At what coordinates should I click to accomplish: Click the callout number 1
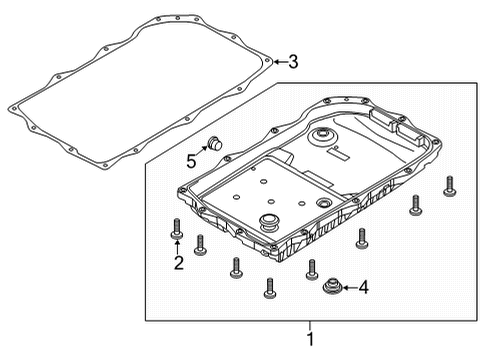coord(309,340)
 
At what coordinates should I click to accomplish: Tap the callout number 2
coord(178,264)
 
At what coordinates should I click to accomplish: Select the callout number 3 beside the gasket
coord(293,62)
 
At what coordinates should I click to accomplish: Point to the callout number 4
coord(364,289)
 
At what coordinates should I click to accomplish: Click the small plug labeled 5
coord(212,144)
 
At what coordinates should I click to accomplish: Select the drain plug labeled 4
coord(332,288)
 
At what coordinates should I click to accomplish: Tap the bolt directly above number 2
coord(177,226)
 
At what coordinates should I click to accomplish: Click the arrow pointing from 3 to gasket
coord(279,62)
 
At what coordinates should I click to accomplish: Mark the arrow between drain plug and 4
coord(350,289)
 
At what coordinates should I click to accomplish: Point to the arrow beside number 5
coord(202,152)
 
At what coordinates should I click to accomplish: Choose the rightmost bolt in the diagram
coord(448,185)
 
